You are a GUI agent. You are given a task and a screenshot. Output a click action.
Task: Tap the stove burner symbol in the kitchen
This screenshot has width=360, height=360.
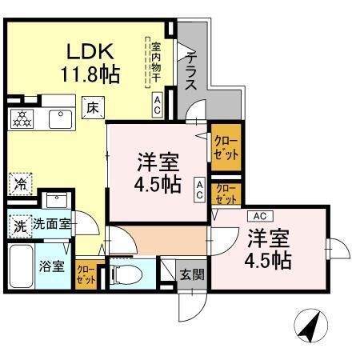pyautogui.click(x=22, y=119)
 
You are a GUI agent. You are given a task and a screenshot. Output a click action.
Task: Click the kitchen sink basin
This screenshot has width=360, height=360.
pyautogui.click(x=58, y=119)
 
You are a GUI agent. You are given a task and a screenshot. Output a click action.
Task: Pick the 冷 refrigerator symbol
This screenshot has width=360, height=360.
pyautogui.click(x=19, y=182)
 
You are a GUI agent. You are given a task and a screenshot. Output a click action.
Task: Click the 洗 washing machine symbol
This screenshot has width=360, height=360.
pyautogui.click(x=19, y=225)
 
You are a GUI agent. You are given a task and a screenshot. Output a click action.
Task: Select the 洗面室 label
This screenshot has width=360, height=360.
pyautogui.click(x=51, y=225)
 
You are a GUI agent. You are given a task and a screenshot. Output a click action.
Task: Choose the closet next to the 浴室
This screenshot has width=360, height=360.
pyautogui.click(x=85, y=274)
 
